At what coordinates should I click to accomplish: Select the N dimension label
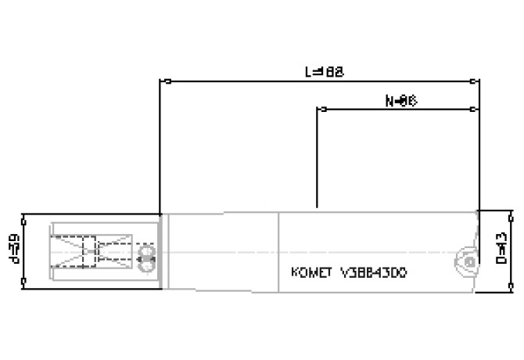tap(400, 100)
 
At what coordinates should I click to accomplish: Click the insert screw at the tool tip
tap(467, 261)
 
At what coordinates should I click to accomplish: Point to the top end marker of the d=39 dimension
tap(24, 217)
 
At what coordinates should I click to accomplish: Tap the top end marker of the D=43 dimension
tap(512, 211)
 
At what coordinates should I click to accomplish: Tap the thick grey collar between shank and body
tap(160, 250)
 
